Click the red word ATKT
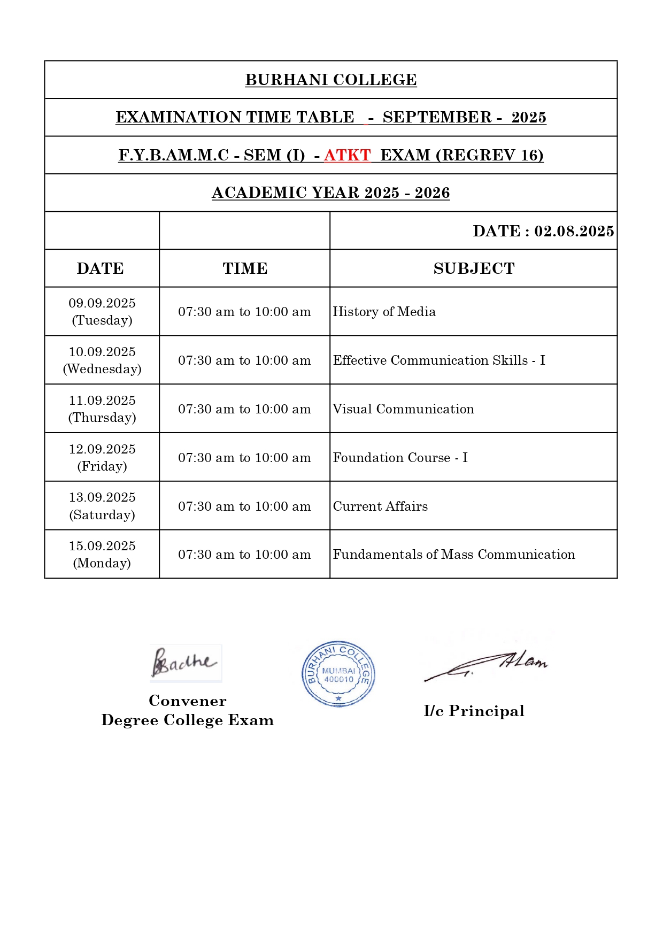347,155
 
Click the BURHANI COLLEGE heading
331,80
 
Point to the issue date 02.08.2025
574,231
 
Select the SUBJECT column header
474,268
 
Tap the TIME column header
245,268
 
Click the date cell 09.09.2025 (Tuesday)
102,311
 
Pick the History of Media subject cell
384,312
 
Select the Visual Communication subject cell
403,409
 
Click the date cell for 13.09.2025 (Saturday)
102,506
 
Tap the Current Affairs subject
380,506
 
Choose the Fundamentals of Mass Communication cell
454,555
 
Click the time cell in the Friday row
244,458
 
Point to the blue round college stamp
338,674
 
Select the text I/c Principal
474,711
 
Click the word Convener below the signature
187,701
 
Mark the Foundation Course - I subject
400,458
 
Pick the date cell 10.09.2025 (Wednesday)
102,360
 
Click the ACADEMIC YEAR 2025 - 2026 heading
331,193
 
